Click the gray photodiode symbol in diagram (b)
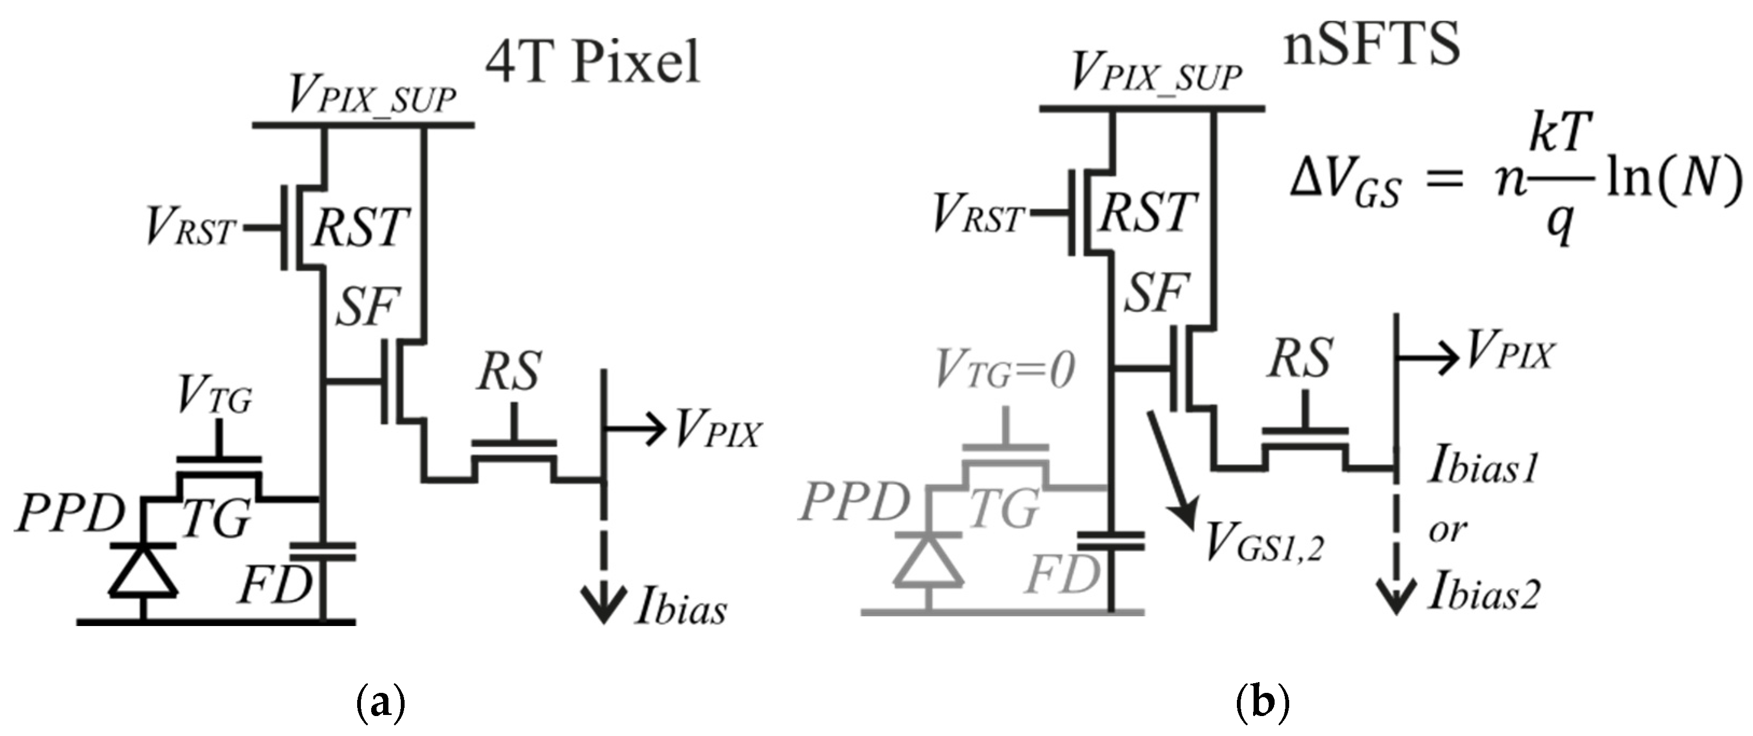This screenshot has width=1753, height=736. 929,560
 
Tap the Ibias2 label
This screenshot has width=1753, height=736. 1484,591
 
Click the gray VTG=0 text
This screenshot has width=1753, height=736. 1005,371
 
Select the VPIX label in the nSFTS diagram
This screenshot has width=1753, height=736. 1511,352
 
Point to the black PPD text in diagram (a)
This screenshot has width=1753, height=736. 68,514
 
